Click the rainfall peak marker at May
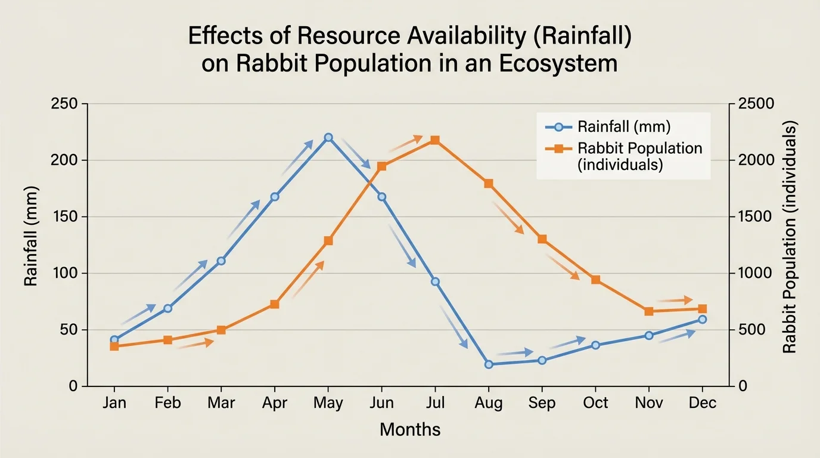pos(328,137)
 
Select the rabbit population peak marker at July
pos(435,140)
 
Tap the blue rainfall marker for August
pos(489,364)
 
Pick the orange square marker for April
pos(275,304)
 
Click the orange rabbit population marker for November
pos(649,311)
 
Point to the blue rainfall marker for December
pos(702,320)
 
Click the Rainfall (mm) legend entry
pos(623,126)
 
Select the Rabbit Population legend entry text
pos(640,156)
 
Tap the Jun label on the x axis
pos(381,403)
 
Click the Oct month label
pos(595,403)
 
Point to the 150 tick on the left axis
pos(66,217)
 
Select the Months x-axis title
pos(410,429)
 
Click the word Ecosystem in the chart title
pos(558,63)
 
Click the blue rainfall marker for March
pos(221,261)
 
